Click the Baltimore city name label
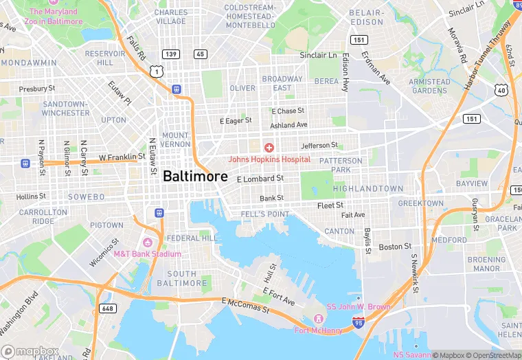click(195, 176)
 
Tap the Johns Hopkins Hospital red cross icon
click(269, 147)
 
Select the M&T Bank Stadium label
click(147, 254)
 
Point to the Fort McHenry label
click(318, 330)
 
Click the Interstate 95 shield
click(358, 322)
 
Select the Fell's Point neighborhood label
click(265, 214)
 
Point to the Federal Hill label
click(192, 238)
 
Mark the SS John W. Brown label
click(358, 306)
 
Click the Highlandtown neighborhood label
click(368, 188)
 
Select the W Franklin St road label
click(122, 157)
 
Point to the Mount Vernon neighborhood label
click(175, 139)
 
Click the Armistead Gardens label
click(429, 86)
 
